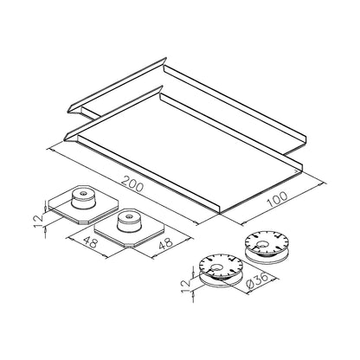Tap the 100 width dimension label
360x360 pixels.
[278, 199]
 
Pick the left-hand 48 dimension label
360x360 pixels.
[91, 242]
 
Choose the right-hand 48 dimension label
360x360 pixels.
[166, 244]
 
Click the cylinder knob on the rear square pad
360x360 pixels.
[83, 198]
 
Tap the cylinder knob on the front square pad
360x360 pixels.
[129, 222]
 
